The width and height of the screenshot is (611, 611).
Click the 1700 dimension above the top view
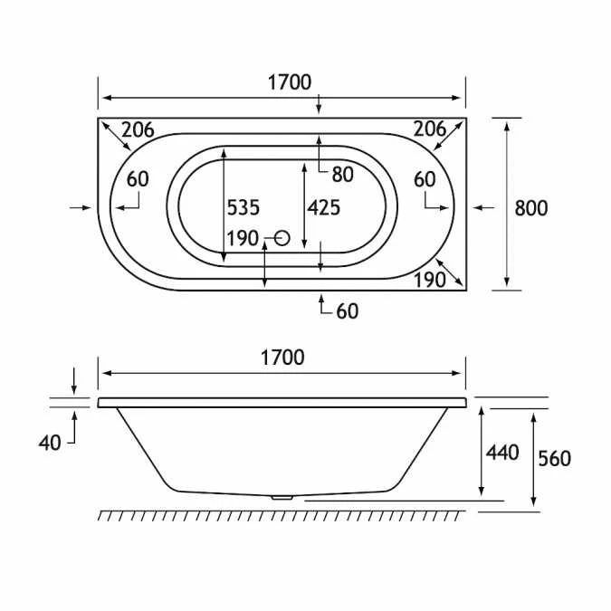(289, 82)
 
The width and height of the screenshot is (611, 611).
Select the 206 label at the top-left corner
(138, 129)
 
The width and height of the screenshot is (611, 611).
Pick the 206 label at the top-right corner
(430, 129)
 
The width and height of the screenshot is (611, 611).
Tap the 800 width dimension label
(531, 207)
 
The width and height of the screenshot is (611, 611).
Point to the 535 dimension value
(243, 207)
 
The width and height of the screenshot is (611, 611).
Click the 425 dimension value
(324, 207)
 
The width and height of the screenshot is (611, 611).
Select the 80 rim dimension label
(342, 174)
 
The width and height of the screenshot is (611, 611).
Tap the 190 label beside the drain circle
(243, 239)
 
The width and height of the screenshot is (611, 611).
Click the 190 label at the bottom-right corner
(429, 280)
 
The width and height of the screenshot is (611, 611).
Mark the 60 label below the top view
(347, 311)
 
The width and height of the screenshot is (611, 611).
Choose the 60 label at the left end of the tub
(138, 179)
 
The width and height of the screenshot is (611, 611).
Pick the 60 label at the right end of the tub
(425, 179)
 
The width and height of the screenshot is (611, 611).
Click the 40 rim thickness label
(51, 443)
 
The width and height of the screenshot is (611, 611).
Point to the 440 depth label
(502, 451)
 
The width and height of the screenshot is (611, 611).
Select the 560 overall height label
(554, 458)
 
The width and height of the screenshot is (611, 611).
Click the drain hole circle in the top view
(280, 238)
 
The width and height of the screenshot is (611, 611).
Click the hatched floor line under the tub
(282, 514)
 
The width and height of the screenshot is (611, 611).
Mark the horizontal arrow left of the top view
(81, 207)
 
